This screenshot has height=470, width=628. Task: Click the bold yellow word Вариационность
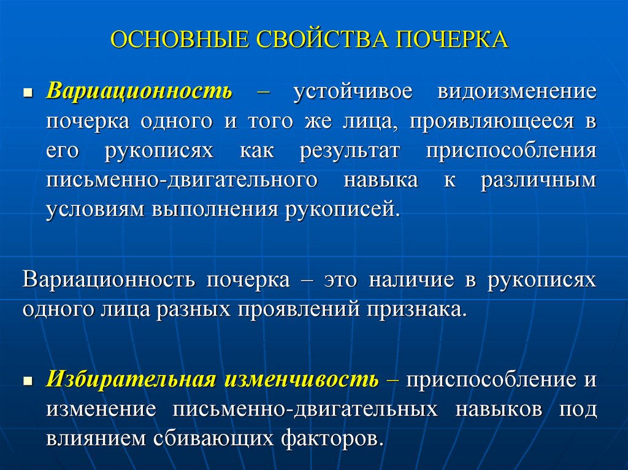click(x=139, y=92)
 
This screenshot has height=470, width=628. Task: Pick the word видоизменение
click(x=516, y=92)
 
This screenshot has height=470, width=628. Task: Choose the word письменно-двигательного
click(x=182, y=181)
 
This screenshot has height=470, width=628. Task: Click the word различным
click(x=538, y=181)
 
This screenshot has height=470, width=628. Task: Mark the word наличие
click(x=410, y=281)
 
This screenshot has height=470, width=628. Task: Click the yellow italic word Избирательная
click(x=130, y=379)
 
